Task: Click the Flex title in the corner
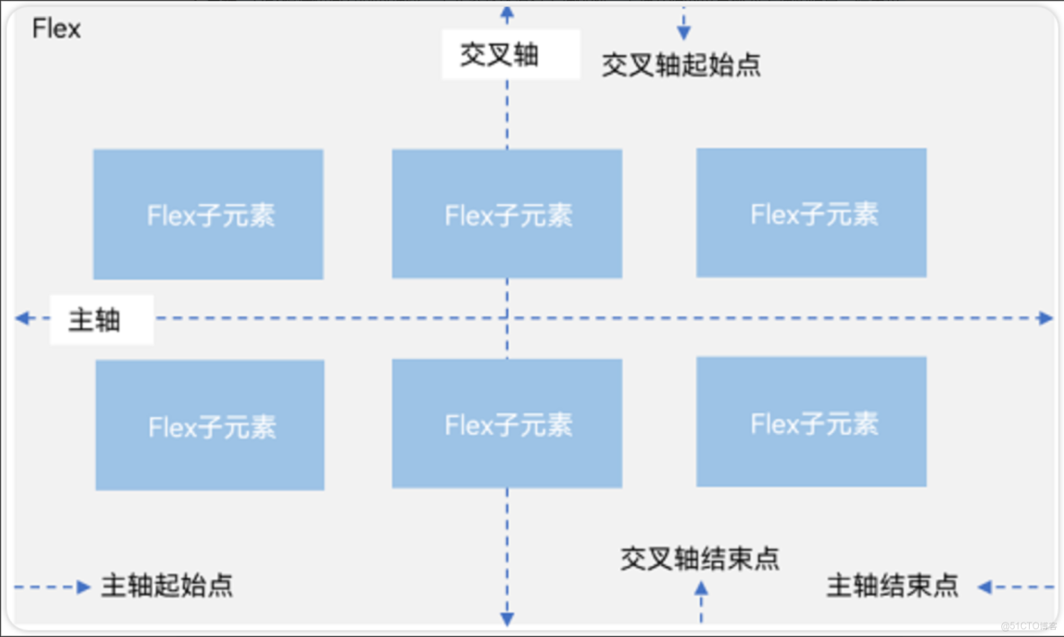click(57, 30)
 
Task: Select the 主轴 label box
click(101, 320)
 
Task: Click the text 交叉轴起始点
click(680, 65)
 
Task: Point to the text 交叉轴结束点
click(699, 559)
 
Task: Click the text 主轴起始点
click(166, 586)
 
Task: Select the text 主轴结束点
click(891, 586)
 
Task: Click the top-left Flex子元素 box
click(208, 215)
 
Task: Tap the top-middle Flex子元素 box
click(507, 215)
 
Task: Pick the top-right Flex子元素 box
click(811, 213)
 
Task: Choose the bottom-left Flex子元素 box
click(210, 426)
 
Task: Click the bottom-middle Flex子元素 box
click(507, 424)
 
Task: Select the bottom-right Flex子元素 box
click(811, 422)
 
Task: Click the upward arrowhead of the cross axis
click(507, 13)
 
